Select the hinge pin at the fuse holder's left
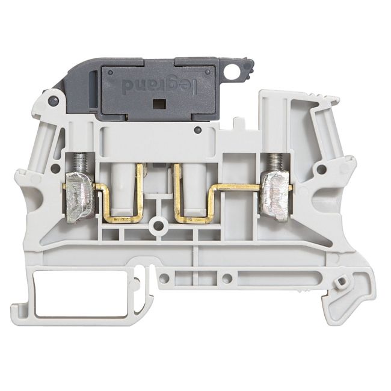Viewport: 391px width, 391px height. [x=54, y=99]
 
